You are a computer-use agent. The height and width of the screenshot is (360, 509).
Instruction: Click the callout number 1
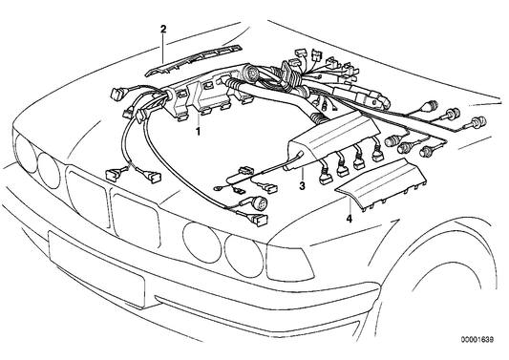198,132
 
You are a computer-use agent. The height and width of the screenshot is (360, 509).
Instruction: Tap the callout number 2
163,30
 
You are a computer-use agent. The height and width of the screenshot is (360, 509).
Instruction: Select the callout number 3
302,186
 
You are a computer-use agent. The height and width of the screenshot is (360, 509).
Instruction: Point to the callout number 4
349,219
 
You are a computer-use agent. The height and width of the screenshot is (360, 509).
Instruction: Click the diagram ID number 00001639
477,340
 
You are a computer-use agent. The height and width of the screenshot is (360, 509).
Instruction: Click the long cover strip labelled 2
195,60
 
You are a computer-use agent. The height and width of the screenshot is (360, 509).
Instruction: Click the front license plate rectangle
96,269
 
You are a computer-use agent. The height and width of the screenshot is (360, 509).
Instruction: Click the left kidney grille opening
87,194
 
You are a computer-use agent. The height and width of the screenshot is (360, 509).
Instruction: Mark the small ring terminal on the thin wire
217,188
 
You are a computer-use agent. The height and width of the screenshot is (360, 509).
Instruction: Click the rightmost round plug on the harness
480,121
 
